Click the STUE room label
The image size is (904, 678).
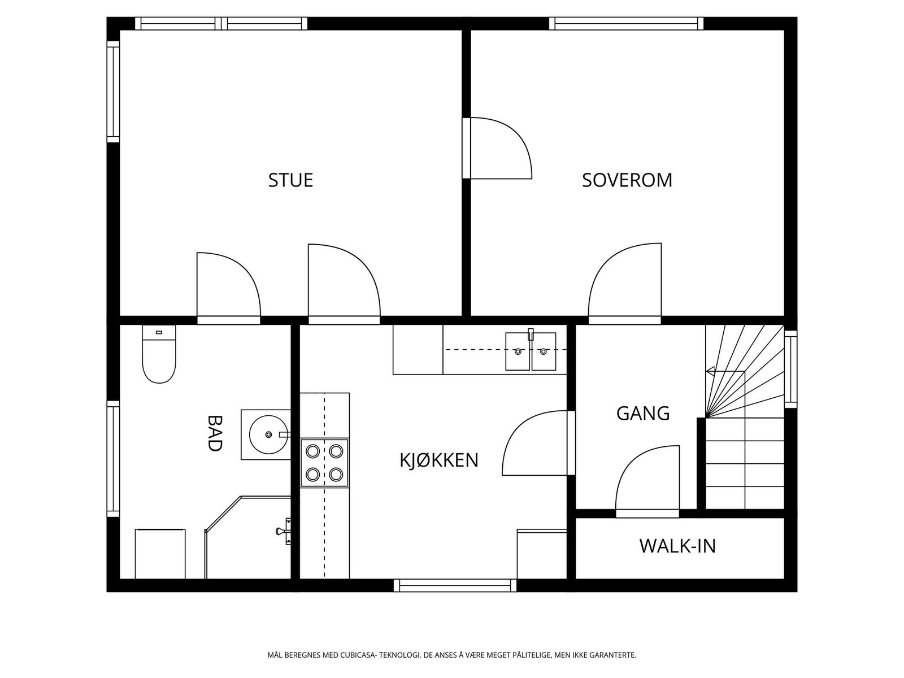click(x=290, y=180)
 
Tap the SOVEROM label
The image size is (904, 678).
click(x=627, y=180)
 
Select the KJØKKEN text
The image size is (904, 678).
click(x=439, y=460)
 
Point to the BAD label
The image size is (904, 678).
click(x=215, y=433)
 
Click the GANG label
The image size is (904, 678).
click(x=643, y=414)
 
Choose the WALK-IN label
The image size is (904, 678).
click(x=677, y=546)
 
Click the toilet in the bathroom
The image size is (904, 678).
click(x=159, y=354)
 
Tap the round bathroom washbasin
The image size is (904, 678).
click(x=269, y=434)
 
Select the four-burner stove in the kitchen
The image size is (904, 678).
click(x=324, y=463)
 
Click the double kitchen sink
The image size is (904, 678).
click(x=531, y=351)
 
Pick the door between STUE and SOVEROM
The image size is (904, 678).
click(x=497, y=148)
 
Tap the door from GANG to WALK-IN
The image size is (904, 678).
click(x=647, y=481)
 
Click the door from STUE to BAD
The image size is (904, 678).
click(x=229, y=289)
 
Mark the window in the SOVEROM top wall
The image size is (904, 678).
click(x=626, y=24)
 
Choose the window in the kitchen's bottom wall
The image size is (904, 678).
click(x=455, y=585)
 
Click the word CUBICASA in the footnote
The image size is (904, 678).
click(x=358, y=655)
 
